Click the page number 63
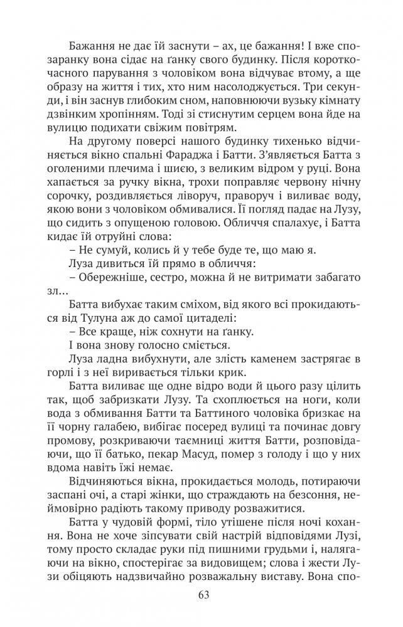pos(202,595)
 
